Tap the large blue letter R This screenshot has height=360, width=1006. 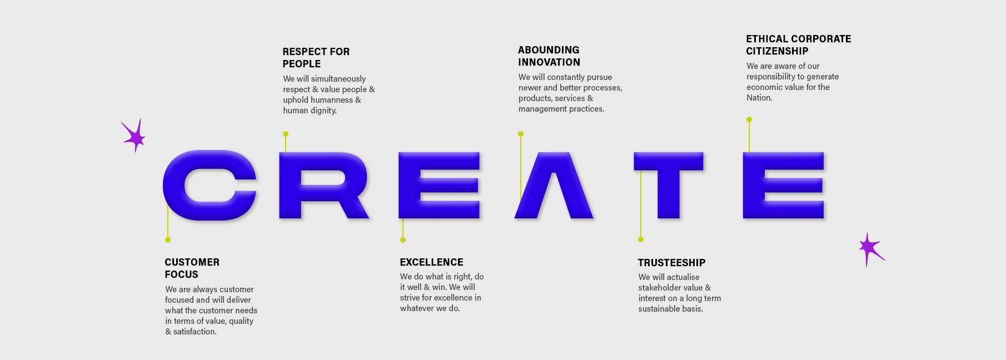tap(290, 186)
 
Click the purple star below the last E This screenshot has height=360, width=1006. tap(869, 249)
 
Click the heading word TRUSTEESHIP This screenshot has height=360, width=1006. tap(671, 263)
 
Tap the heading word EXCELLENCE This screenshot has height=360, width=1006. tap(431, 262)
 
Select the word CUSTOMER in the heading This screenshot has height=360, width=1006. tap(192, 262)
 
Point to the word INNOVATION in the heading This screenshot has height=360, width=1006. tap(549, 62)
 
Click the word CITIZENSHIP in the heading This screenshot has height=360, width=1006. tap(777, 51)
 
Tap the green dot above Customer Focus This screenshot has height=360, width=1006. tap(168, 240)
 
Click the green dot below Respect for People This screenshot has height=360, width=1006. tap(286, 134)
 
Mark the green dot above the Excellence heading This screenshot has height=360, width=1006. tap(403, 240)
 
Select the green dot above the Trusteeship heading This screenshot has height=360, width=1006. tap(641, 239)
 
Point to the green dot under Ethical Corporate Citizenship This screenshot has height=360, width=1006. tap(749, 119)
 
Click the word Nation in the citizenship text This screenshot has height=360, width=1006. tap(759, 98)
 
